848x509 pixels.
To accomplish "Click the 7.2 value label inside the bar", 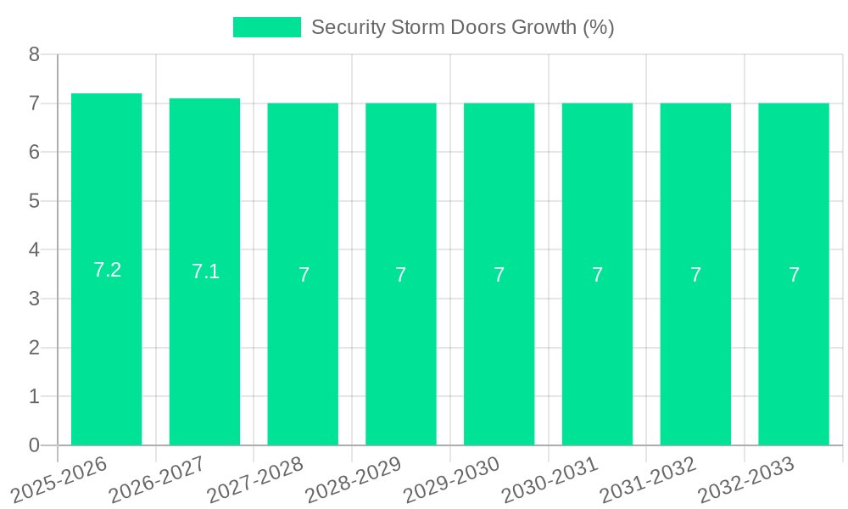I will pos(107,270).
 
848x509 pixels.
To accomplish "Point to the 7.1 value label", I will pos(205,271).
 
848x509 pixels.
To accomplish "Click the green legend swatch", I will pos(266,27).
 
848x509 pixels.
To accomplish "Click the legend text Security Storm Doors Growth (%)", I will pos(462,27).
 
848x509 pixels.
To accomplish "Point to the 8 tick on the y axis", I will pos(34,55).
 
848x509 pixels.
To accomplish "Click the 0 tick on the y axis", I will pos(34,445).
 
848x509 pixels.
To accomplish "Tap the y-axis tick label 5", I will pos(34,201).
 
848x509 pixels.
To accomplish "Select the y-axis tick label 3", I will pos(34,299).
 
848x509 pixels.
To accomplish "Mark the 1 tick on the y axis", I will pos(34,396).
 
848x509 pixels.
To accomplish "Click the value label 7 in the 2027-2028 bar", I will pos(304,275).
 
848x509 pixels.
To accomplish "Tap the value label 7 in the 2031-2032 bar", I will pos(695,275).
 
